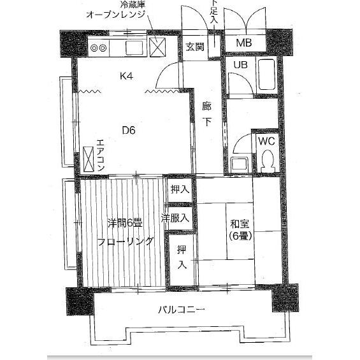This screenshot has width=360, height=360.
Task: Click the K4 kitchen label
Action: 127,76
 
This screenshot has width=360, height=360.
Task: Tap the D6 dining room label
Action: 129,131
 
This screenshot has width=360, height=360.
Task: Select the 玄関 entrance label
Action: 194,47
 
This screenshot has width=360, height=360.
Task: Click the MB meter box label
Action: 243,43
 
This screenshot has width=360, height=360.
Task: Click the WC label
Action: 266,141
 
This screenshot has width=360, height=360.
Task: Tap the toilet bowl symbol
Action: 266,161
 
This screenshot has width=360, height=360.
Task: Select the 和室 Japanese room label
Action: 238,224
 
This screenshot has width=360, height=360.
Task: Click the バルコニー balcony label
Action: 182,310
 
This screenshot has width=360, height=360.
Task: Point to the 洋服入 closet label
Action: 176,218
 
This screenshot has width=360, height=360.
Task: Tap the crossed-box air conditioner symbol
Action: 87,157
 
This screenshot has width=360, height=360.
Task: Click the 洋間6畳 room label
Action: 124,222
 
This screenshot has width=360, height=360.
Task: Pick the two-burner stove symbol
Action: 101,47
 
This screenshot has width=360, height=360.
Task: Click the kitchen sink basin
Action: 136,47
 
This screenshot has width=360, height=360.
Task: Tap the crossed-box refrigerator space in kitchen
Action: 157,47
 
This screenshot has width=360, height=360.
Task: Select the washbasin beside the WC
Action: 241,164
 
